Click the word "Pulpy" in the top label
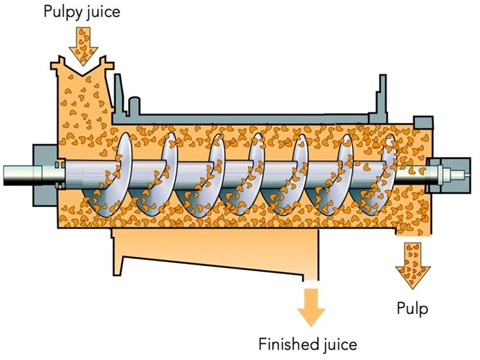click(x=62, y=13)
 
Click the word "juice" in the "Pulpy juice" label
click(x=102, y=12)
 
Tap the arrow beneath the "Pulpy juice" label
click(x=84, y=46)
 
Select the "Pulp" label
click(x=412, y=309)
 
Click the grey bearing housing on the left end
click(x=45, y=175)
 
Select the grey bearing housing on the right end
click(x=448, y=175)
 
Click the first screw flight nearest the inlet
click(x=114, y=176)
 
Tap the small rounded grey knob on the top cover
click(x=134, y=106)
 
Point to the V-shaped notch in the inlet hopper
click(x=84, y=70)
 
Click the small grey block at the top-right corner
click(x=423, y=123)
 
